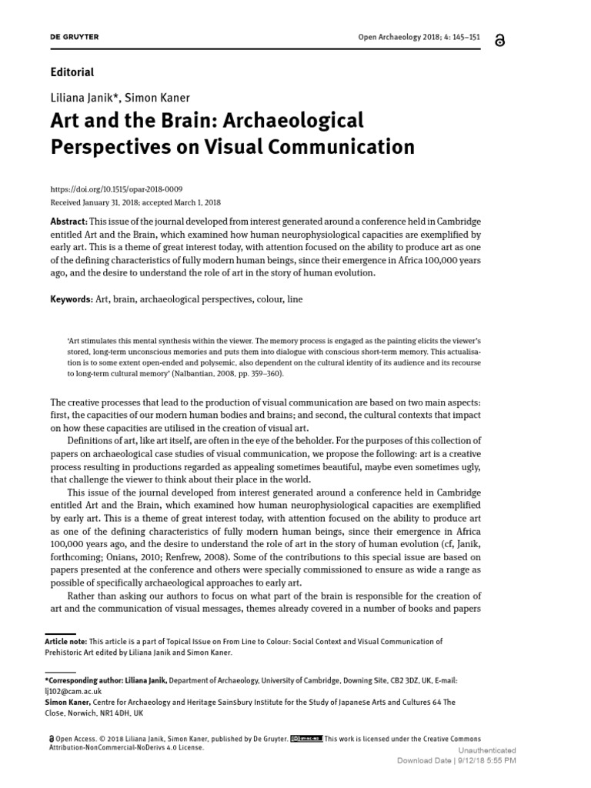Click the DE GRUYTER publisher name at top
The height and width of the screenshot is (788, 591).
(74, 37)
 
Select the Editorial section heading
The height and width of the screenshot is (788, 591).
(72, 72)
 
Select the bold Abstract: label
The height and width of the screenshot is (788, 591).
(69, 221)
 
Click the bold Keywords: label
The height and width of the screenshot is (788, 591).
(72, 299)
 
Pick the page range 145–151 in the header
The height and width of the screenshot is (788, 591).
(468, 37)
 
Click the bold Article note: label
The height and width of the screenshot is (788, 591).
(66, 641)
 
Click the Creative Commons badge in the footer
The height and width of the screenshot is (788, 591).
(307, 738)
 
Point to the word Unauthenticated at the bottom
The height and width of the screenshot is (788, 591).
(487, 750)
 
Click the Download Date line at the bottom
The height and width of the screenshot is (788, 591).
(456, 760)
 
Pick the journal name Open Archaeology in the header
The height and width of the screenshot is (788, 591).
(391, 37)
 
